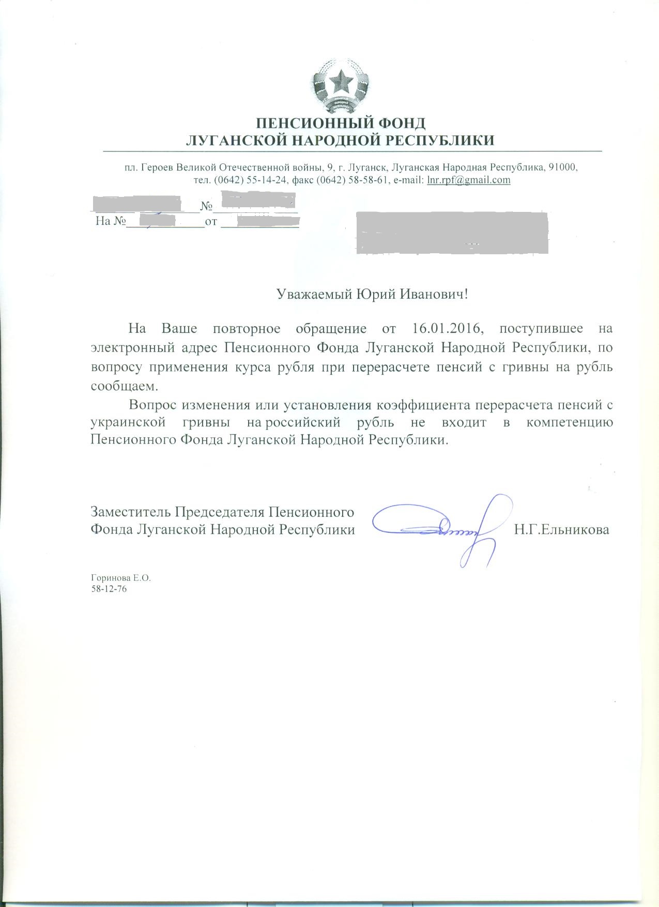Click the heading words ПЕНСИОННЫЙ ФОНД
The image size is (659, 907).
341,124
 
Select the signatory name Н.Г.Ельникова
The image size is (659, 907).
561,530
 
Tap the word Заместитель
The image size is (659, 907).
130,512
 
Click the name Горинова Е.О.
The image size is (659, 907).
120,578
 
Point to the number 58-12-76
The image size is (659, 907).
109,589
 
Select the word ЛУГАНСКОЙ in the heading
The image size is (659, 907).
232,140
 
